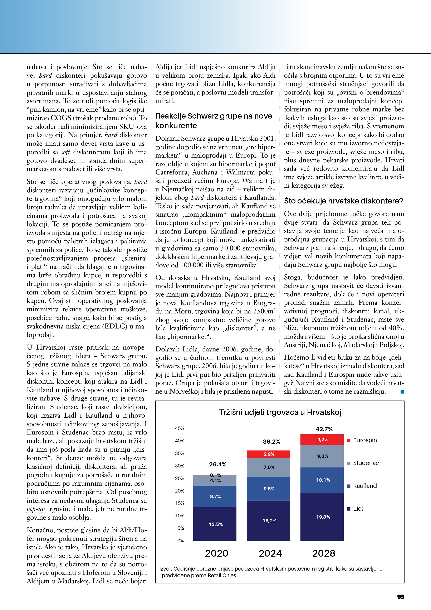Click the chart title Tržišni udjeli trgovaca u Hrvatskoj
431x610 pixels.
coord(280,412)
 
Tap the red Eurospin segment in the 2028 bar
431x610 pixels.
coord(322,440)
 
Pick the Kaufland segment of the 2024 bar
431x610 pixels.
coord(268,489)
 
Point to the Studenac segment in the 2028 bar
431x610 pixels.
coord(322,456)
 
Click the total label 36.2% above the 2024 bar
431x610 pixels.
coord(271,442)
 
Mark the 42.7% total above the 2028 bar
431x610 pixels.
coord(324,429)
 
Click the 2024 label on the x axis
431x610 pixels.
coord(270,553)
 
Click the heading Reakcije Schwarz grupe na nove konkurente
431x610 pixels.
coord(214,121)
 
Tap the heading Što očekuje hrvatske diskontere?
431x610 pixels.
coord(343,201)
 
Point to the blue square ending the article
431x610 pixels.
coord(402,392)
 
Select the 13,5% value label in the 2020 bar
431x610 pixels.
coord(216,524)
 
